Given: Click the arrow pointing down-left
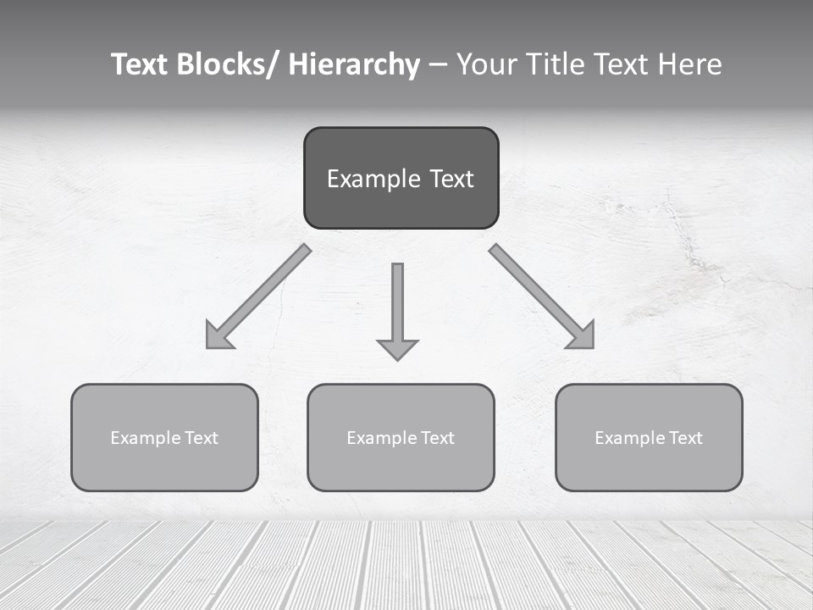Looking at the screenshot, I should pos(259,297).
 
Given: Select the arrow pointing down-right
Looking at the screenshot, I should pos(542,297).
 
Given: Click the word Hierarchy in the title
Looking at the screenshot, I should pos(355,64).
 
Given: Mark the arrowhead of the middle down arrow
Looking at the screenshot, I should pos(397,349).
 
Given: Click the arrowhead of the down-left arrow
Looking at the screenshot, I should pos(218,337).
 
